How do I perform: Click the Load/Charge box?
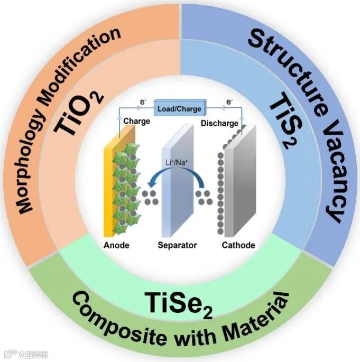pyautogui.click(x=179, y=109)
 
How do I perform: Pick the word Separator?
pyautogui.click(x=177, y=245)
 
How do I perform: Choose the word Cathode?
pyautogui.click(x=238, y=245)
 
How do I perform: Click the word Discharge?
pyautogui.click(x=219, y=124)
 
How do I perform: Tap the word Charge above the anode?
pyautogui.click(x=137, y=121)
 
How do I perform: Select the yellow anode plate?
pyautogui.click(x=112, y=185)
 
